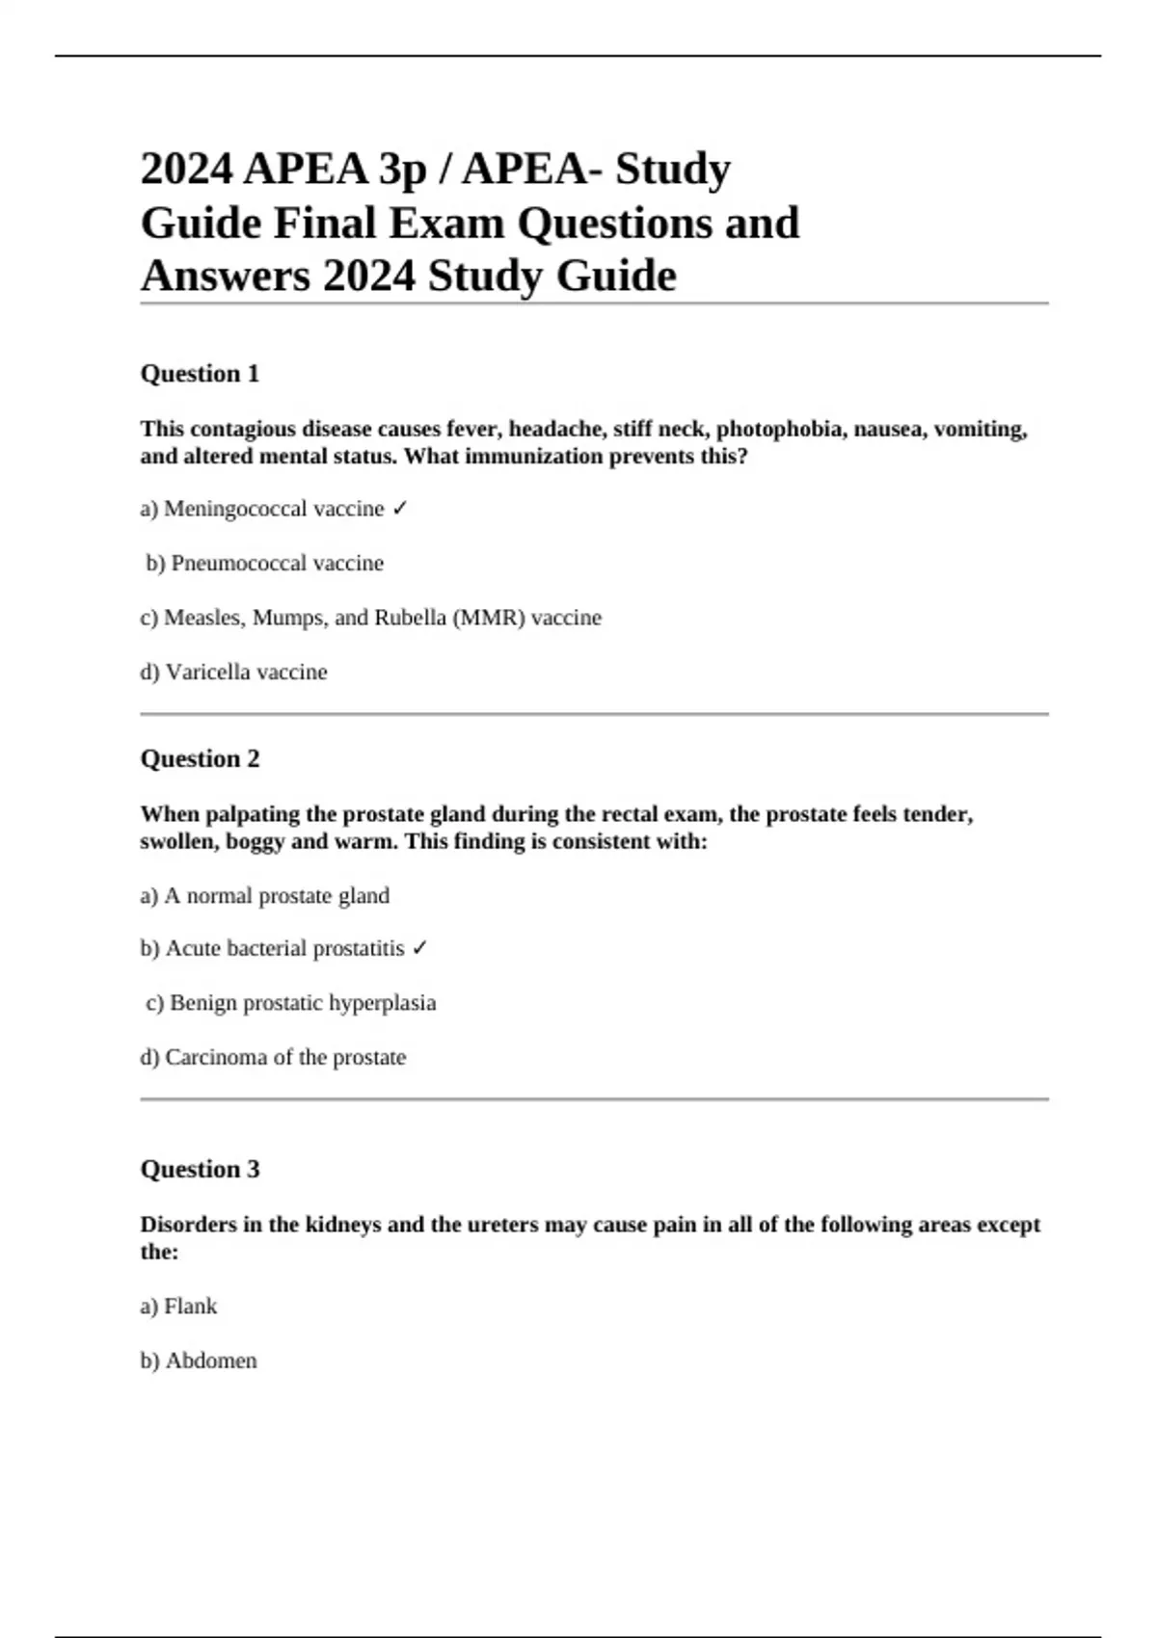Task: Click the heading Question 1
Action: pos(200,374)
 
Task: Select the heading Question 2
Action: pos(200,759)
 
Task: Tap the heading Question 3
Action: pos(200,1170)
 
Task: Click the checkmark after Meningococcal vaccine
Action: pos(400,509)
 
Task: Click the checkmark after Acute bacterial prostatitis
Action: pos(419,949)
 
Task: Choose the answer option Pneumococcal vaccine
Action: pos(265,564)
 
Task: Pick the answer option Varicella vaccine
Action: pos(234,673)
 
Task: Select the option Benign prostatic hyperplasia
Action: pos(291,1003)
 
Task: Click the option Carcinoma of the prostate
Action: pos(273,1058)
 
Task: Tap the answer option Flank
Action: pos(179,1307)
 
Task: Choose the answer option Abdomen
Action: pos(199,1361)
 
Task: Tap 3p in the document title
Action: pos(403,170)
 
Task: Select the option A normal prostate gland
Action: pos(265,896)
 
